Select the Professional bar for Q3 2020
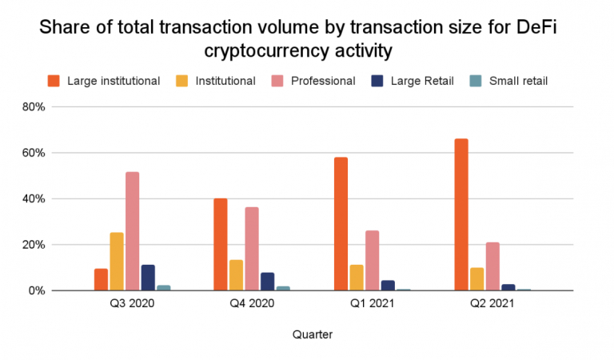(132, 231)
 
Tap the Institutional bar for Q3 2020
(117, 261)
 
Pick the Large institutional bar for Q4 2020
(221, 244)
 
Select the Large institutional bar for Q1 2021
(341, 224)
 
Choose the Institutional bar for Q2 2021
(476, 279)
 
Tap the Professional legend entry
(323, 80)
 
